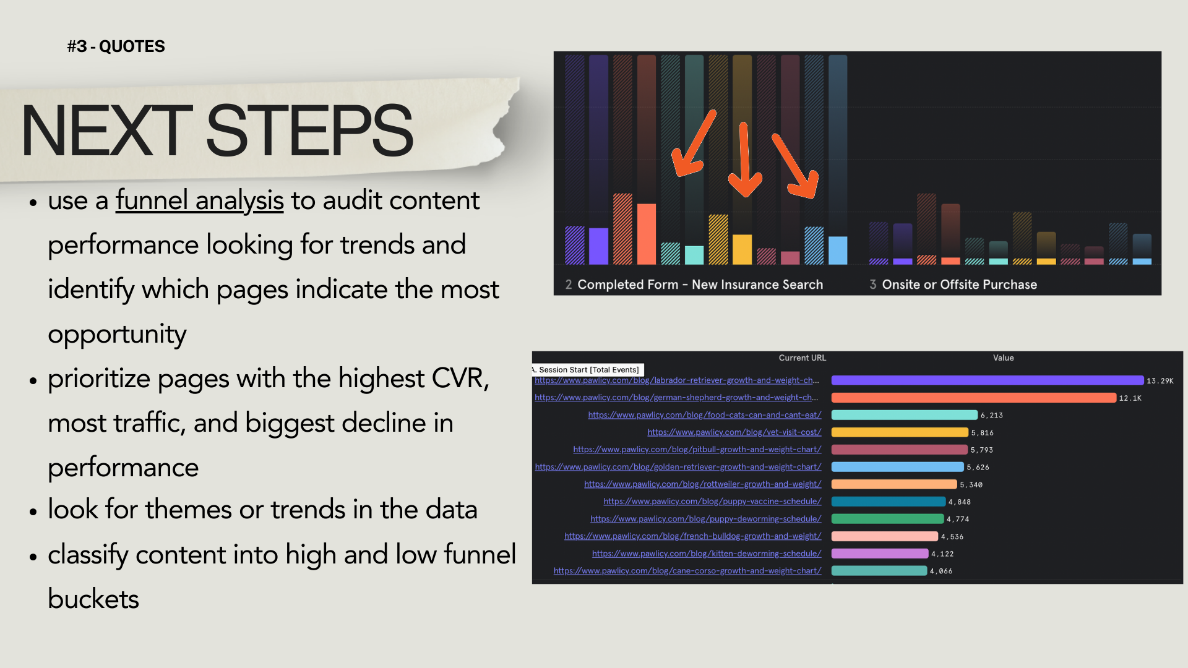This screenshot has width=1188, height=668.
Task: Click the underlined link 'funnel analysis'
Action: [x=199, y=200]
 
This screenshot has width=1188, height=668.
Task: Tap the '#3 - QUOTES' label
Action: [x=116, y=46]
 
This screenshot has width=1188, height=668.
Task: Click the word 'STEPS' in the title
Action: [x=309, y=131]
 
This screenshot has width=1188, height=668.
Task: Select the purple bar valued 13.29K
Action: [x=987, y=380]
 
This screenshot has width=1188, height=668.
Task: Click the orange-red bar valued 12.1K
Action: [x=973, y=398]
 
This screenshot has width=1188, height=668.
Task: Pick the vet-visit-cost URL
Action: [x=734, y=432]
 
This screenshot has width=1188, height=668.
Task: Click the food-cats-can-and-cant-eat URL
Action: [x=705, y=415]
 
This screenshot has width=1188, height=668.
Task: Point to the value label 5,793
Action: [x=981, y=450]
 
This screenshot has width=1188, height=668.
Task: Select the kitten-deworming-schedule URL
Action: [x=707, y=554]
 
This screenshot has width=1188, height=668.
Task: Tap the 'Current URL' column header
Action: [x=802, y=358]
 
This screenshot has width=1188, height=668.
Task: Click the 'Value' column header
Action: [x=1003, y=358]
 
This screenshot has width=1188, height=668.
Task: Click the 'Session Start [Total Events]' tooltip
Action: [x=588, y=370]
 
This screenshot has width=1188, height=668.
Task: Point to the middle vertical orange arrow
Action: [x=744, y=160]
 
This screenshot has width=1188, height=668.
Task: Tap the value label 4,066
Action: [x=940, y=572]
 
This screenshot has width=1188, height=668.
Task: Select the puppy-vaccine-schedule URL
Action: [x=712, y=502]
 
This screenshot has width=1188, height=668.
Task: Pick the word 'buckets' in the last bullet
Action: [x=93, y=599]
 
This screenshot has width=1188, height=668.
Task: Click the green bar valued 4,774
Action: [x=887, y=519]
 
